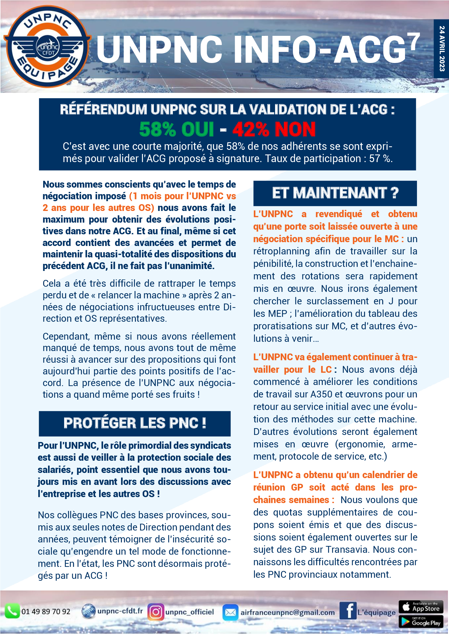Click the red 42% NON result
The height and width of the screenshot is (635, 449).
[274, 129]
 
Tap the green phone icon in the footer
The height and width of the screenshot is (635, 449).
[12, 611]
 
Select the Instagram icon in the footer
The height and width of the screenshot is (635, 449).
[156, 611]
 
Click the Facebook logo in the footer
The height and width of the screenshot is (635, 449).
[347, 610]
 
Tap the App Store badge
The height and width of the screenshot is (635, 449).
[420, 607]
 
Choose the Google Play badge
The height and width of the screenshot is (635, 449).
[420, 621]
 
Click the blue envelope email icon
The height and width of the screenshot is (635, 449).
[230, 612]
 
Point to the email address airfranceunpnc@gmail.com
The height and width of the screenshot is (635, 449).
[287, 612]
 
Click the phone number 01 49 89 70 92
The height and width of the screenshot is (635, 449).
[46, 611]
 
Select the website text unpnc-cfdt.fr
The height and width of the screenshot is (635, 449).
[120, 611]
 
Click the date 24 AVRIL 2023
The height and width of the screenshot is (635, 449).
[442, 49]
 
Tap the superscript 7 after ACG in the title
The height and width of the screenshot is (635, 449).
[415, 42]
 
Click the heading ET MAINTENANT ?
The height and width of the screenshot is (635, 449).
[335, 193]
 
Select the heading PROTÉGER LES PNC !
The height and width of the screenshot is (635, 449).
[135, 423]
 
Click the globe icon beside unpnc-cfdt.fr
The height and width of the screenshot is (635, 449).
[88, 611]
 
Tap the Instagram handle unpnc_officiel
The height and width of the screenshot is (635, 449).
[189, 612]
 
